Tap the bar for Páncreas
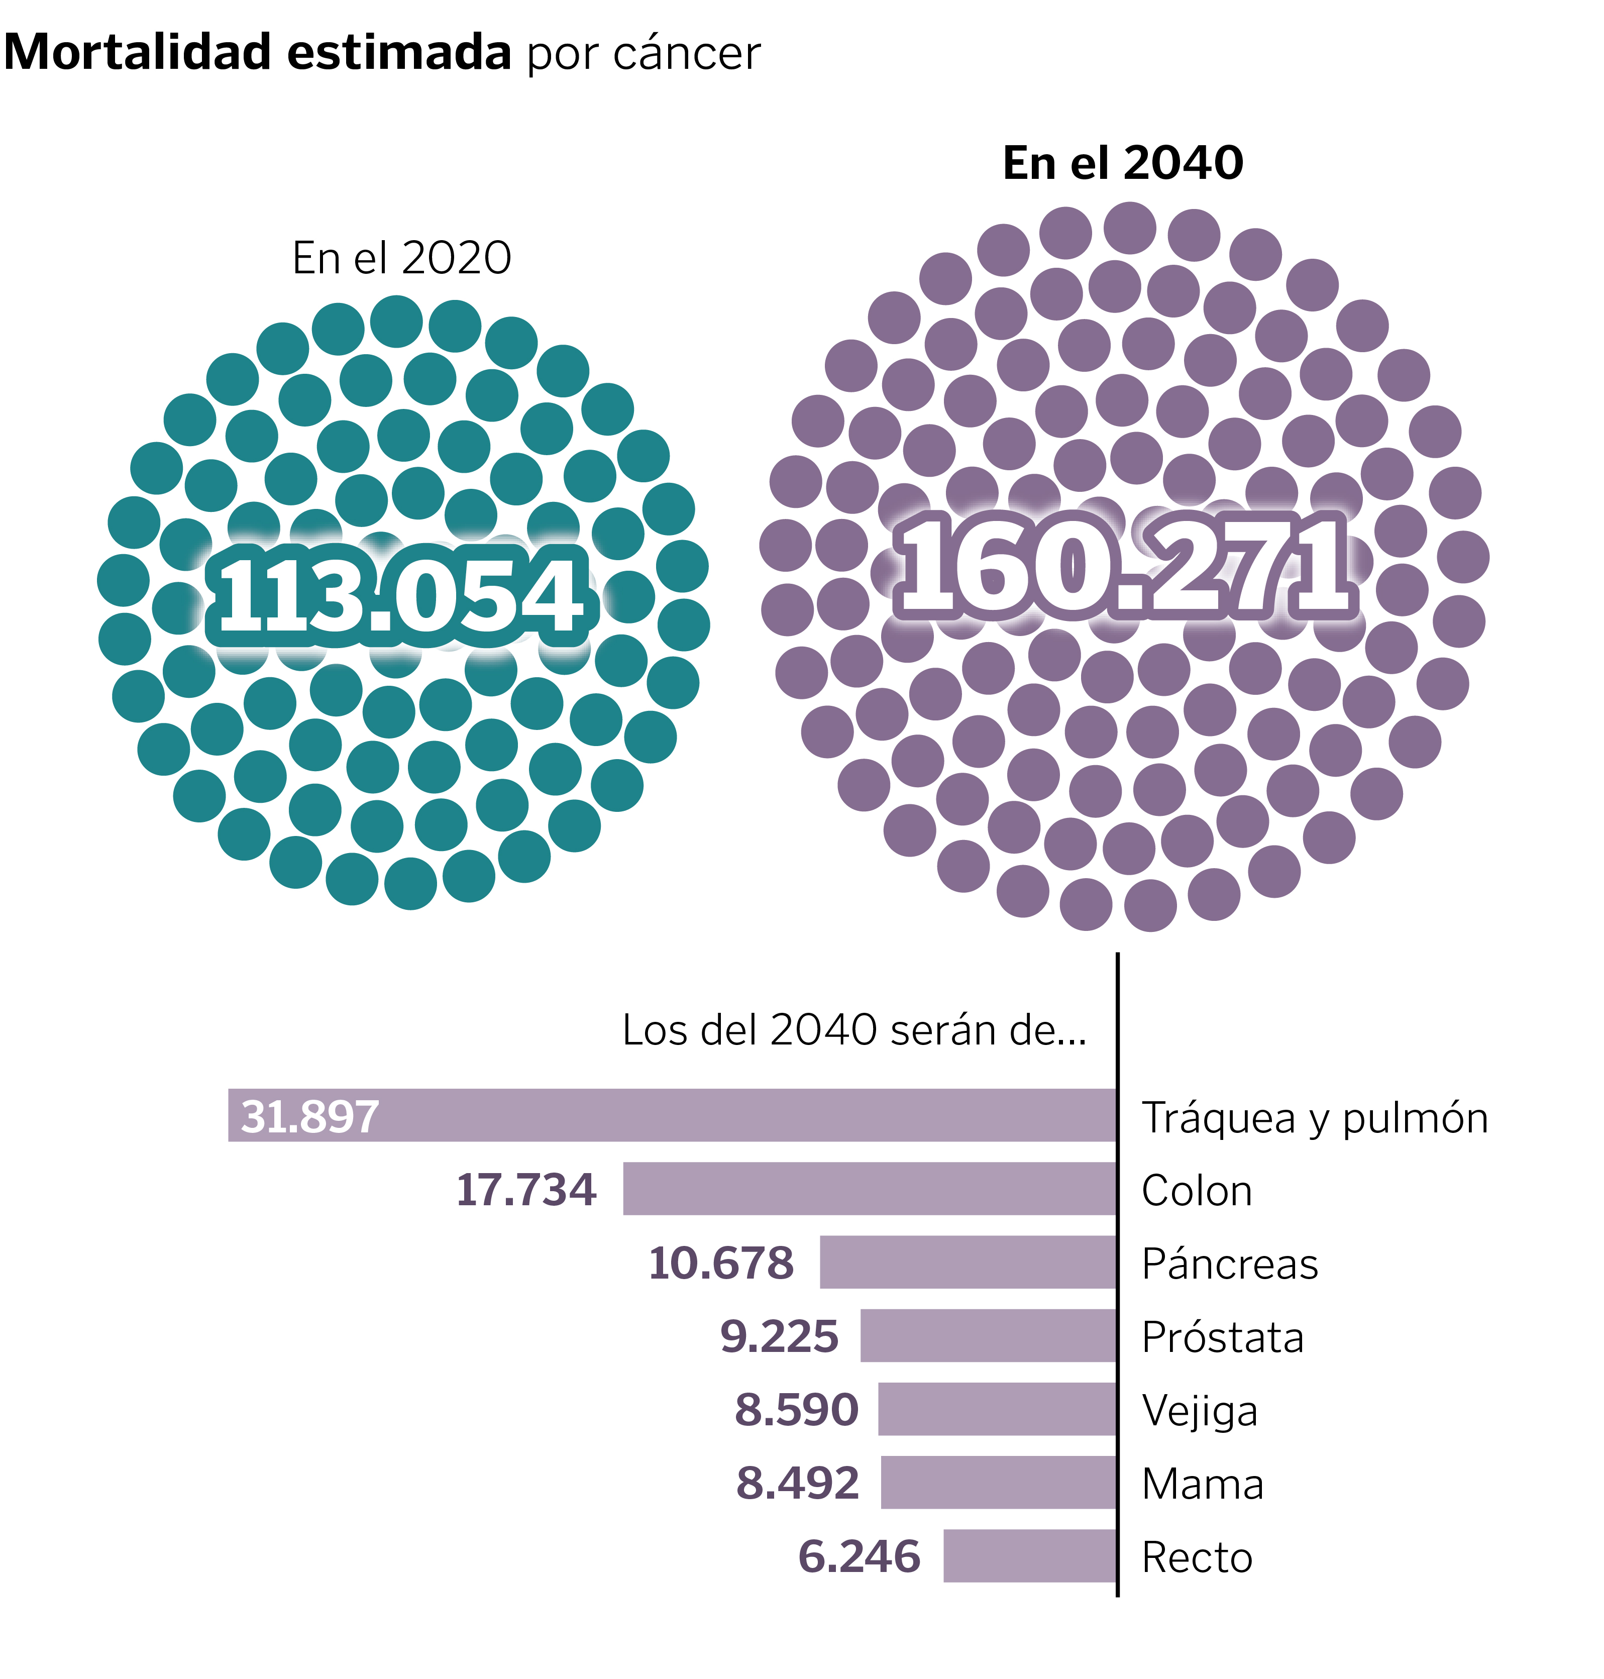pos(968,1262)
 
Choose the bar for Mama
pos(999,1483)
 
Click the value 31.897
pos(309,1116)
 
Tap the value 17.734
pos(526,1189)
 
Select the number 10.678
pos(721,1263)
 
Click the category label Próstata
pos(1223,1337)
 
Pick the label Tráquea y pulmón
pos(1314,1118)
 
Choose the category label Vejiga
pos(1200,1411)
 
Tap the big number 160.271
pos(1124,565)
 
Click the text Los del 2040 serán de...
pos(853,1029)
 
